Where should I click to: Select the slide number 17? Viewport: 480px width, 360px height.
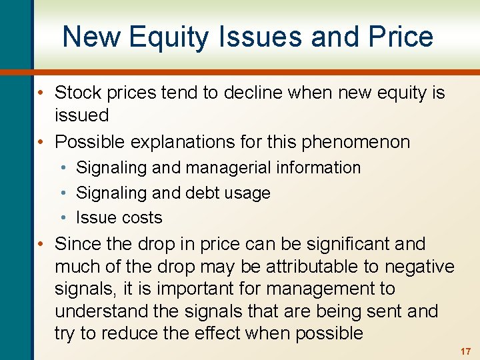click(x=465, y=351)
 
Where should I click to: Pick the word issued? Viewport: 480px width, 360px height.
click(x=81, y=115)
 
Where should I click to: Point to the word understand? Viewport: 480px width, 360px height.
click(x=95, y=311)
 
